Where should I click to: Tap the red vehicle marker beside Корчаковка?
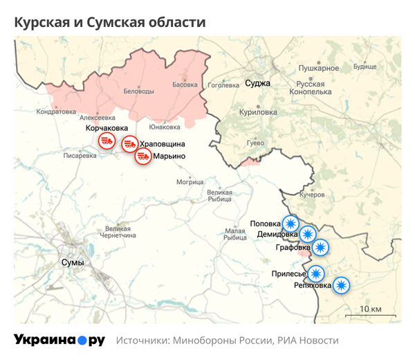(106, 142)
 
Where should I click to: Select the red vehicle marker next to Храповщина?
(129, 144)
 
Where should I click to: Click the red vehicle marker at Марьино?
(142, 156)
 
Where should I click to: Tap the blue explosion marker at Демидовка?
(307, 235)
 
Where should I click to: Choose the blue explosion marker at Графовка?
(320, 247)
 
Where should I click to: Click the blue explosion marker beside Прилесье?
(315, 273)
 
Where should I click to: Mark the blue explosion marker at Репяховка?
(341, 285)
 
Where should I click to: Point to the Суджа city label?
(257, 84)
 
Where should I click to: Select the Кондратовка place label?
(56, 111)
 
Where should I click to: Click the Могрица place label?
(190, 182)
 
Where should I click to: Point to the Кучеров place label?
(311, 195)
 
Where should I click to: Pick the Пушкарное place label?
(318, 68)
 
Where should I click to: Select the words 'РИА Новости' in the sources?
(308, 341)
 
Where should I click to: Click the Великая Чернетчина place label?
(118, 232)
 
